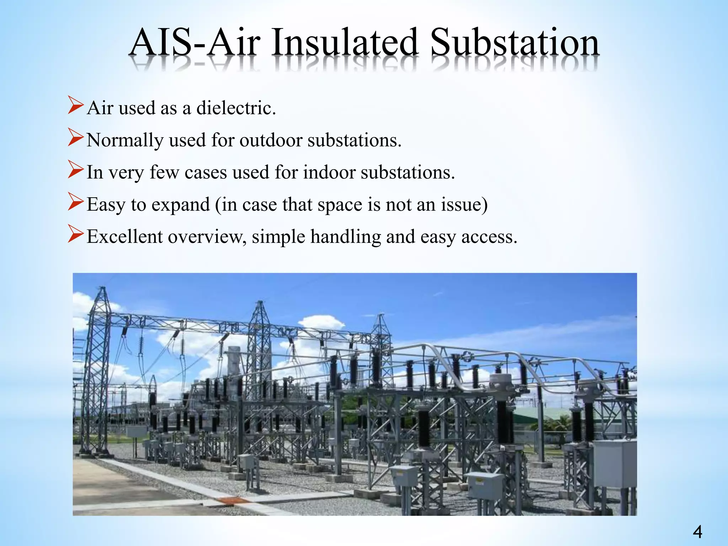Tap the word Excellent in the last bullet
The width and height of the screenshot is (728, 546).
click(x=124, y=237)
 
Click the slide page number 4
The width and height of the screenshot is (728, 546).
click(x=697, y=532)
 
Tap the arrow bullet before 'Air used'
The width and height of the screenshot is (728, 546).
click(x=76, y=107)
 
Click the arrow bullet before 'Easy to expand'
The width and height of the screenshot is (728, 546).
click(x=76, y=203)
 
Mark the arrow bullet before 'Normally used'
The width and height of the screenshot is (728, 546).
click(x=76, y=139)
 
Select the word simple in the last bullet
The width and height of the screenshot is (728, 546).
click(x=278, y=237)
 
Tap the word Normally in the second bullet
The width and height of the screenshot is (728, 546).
click(x=125, y=140)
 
